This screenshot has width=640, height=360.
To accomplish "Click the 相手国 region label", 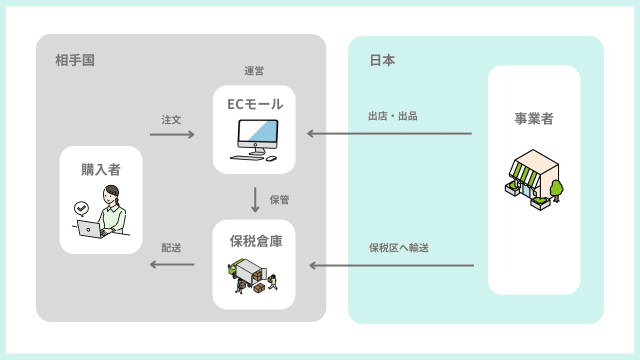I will [75, 60].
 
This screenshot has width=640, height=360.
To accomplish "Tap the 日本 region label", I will [382, 60].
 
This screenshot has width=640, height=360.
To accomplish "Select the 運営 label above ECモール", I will [254, 71].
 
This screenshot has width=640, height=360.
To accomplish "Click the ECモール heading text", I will [255, 104].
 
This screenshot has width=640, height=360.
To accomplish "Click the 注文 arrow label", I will [171, 120].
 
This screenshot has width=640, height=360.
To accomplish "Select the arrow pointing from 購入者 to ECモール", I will [172, 134].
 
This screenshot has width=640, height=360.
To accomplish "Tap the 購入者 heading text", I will [101, 169].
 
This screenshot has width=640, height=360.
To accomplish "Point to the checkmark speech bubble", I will [80, 208].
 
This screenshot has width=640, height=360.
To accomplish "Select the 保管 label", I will [279, 200].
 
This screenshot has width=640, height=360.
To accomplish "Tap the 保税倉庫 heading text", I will [256, 241].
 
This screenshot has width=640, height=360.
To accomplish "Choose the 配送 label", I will [171, 248].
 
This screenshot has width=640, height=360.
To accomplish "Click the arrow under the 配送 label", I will [172, 264].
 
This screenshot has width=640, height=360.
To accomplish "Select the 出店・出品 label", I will [392, 116].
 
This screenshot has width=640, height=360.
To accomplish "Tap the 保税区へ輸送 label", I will [398, 248].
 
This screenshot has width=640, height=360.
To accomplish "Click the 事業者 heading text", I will [534, 118].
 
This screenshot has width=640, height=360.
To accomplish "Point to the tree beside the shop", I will [555, 189].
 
